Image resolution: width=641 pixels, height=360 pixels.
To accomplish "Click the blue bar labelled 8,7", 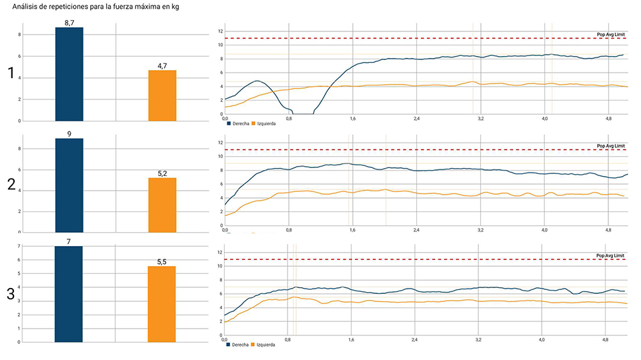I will click(x=69, y=74).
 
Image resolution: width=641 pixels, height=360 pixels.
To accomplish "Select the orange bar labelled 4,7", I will click(x=162, y=95).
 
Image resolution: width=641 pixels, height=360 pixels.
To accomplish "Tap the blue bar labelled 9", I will click(x=69, y=185).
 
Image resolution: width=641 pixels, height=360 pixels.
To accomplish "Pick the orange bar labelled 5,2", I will click(x=162, y=205).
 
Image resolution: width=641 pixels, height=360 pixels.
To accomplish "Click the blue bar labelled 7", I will click(x=69, y=294).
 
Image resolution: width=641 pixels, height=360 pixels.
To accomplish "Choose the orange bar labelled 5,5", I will click(x=162, y=304).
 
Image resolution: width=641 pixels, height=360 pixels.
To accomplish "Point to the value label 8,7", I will click(x=69, y=23).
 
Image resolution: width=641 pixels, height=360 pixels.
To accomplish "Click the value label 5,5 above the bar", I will click(x=162, y=262).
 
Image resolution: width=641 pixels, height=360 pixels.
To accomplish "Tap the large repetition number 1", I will click(x=11, y=75).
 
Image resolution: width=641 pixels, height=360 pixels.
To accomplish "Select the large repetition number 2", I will click(x=11, y=185).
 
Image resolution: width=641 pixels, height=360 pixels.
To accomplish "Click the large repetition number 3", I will click(x=11, y=294).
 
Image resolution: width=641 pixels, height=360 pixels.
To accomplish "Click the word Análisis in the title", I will click(x=27, y=6).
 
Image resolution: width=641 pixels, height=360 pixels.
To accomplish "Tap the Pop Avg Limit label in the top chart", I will click(x=610, y=34).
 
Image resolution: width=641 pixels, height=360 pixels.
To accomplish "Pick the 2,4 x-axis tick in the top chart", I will click(x=416, y=118).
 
